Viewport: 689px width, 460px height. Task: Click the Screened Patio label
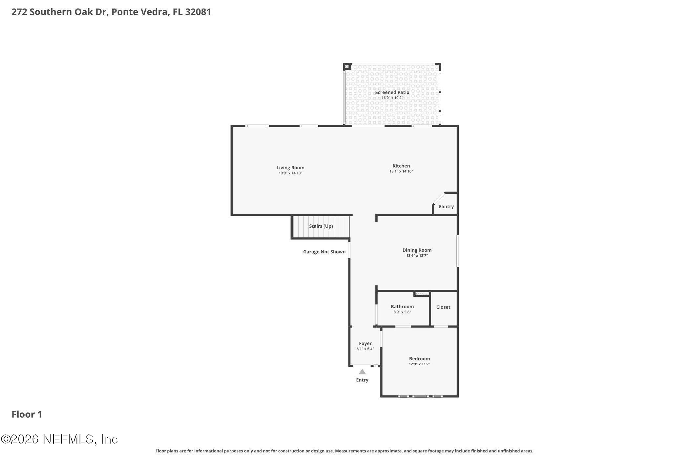tap(392, 92)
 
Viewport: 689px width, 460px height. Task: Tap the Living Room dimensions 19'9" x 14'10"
tap(290, 173)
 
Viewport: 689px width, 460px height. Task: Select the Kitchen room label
tap(401, 166)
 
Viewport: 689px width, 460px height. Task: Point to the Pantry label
tap(446, 206)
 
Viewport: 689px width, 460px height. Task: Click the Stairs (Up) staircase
tap(321, 226)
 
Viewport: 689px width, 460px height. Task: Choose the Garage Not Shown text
tap(324, 252)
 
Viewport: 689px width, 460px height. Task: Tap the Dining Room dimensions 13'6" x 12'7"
tap(417, 256)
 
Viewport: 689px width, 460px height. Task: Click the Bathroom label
tap(402, 307)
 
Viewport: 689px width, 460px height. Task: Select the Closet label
tap(443, 307)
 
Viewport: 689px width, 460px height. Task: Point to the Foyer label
tap(365, 343)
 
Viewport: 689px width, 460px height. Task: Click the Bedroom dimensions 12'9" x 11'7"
tap(419, 364)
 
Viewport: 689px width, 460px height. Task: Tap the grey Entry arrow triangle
tap(362, 372)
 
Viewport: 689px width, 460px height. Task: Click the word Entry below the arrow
tap(362, 380)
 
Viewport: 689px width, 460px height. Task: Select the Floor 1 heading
tap(27, 414)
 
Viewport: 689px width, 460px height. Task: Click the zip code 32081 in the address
tap(198, 12)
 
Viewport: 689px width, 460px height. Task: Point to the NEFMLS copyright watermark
tap(59, 439)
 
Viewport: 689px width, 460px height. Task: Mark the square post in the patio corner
tap(347, 67)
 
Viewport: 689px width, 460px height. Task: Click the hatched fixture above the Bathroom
tap(422, 293)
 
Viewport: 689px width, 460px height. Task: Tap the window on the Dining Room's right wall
tap(458, 250)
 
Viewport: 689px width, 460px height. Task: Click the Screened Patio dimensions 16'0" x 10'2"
tap(392, 98)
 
